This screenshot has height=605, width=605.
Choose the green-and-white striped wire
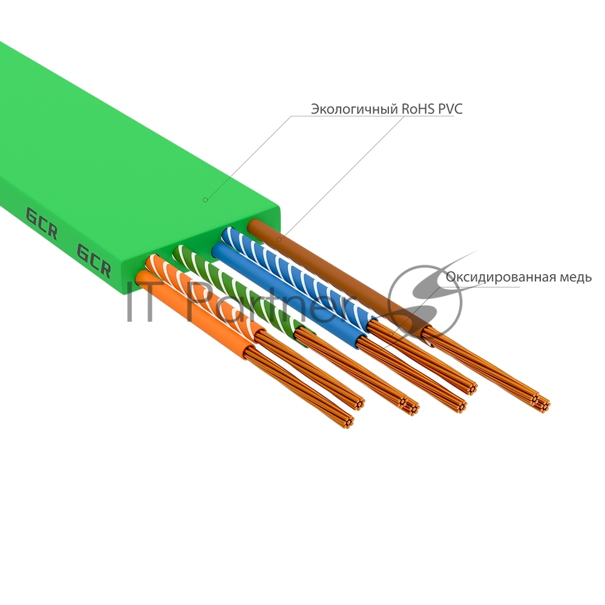(x=242, y=290)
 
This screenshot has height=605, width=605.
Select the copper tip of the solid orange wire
(x=347, y=420)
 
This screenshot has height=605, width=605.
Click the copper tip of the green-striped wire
(x=411, y=406)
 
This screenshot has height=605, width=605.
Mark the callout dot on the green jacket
(x=205, y=199)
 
